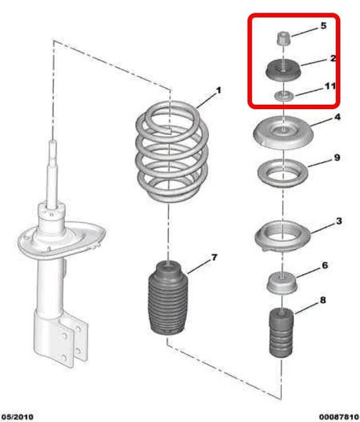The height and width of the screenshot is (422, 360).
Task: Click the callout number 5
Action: [x=323, y=26]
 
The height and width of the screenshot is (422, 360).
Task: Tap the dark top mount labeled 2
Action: [x=283, y=70]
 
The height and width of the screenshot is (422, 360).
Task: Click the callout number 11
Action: [x=330, y=86]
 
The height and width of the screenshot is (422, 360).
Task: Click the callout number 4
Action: [x=337, y=117]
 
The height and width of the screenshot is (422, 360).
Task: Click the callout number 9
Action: [x=337, y=158]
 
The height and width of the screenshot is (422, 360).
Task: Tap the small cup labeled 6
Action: [x=282, y=283]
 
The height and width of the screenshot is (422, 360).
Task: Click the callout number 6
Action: [x=325, y=265]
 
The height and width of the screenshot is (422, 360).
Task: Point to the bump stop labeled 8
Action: [x=281, y=333]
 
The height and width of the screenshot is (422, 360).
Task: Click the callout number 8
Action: [x=323, y=300]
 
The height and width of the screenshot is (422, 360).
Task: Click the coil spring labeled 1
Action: [x=172, y=151]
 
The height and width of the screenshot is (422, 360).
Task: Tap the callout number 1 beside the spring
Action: [x=219, y=90]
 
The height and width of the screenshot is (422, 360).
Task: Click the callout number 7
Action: [x=214, y=257]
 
